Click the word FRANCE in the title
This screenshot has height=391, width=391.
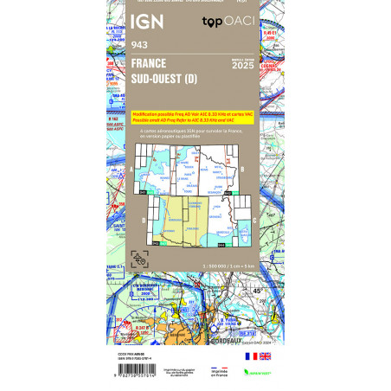(x=150, y=63)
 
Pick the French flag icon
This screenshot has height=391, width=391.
(x=249, y=356)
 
